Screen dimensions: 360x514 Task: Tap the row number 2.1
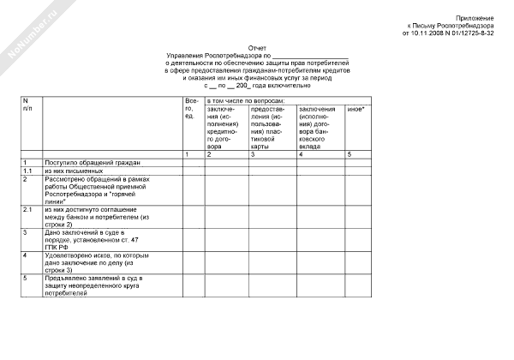coord(27,208)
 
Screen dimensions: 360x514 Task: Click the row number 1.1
coord(27,171)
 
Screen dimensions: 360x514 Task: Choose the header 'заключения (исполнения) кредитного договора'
coord(221,128)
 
